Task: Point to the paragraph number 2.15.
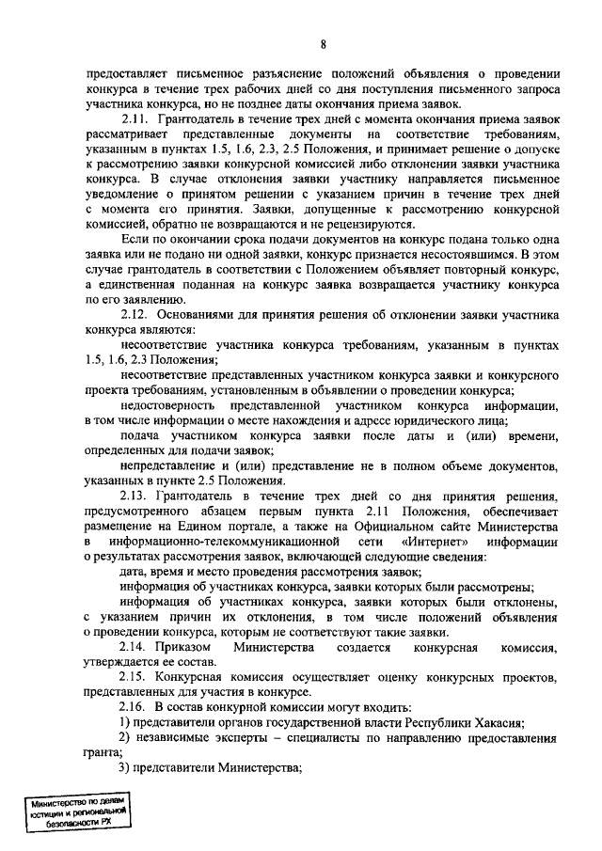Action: (x=138, y=678)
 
